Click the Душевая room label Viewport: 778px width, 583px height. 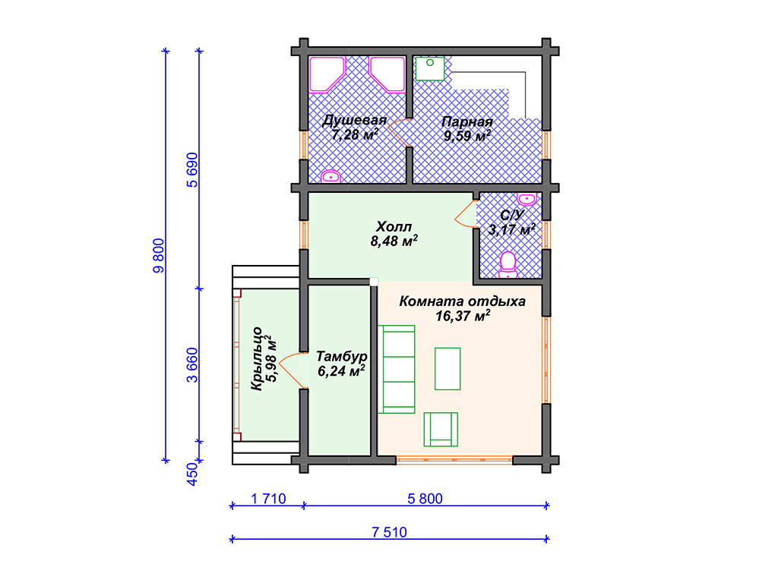pyautogui.click(x=354, y=121)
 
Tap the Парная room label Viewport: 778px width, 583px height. pyautogui.click(x=467, y=121)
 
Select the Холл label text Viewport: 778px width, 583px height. pyautogui.click(x=394, y=226)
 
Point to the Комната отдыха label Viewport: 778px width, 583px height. pyautogui.click(x=463, y=301)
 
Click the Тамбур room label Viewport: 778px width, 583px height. pyautogui.click(x=342, y=357)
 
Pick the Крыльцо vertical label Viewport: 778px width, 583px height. pyautogui.click(x=257, y=358)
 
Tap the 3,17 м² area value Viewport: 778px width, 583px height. pyautogui.click(x=511, y=229)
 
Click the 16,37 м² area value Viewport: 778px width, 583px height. pyautogui.click(x=463, y=315)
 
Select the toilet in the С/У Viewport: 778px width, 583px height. pyautogui.click(x=508, y=265)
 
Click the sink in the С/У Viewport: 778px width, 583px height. pyautogui.click(x=527, y=199)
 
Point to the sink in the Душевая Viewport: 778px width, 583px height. pyautogui.click(x=330, y=176)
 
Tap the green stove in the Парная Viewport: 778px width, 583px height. pyautogui.click(x=430, y=68)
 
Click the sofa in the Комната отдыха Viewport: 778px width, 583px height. pyautogui.click(x=396, y=370)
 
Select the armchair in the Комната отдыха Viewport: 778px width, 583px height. pyautogui.click(x=441, y=430)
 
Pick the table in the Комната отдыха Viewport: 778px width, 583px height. pyautogui.click(x=448, y=369)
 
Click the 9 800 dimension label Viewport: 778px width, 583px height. pyautogui.click(x=158, y=256)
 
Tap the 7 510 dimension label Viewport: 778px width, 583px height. pyautogui.click(x=390, y=532)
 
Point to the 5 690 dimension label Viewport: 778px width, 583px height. pyautogui.click(x=192, y=170)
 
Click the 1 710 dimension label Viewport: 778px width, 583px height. pyautogui.click(x=268, y=499)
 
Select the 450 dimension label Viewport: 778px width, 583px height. pyautogui.click(x=192, y=474)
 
